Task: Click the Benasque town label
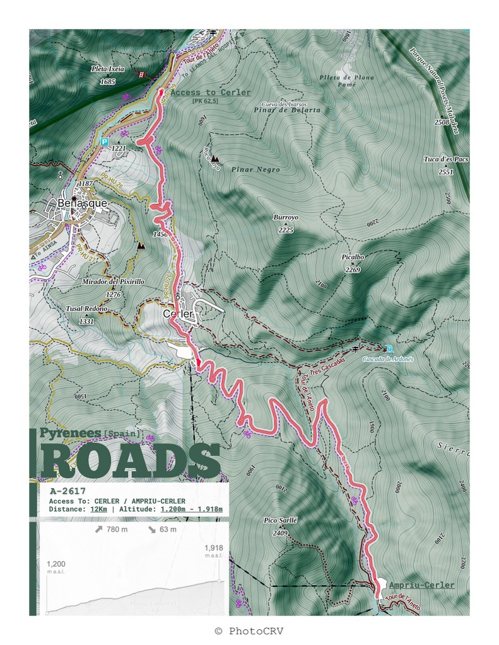point(82,203)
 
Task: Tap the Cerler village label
point(177,313)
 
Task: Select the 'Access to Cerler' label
point(210,93)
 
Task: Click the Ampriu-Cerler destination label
point(421,585)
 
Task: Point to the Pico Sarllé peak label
point(280,521)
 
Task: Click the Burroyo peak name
point(286,217)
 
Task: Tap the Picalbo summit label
point(353,258)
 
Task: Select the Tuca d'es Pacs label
point(446,159)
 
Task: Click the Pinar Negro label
point(255,169)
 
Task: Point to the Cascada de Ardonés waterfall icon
point(389,348)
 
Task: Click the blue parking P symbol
point(104,142)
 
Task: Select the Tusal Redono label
point(86,309)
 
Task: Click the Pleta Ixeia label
point(108,69)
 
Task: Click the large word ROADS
point(131,462)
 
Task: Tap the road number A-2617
point(68,491)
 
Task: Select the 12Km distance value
point(98,509)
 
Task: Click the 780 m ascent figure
point(111,529)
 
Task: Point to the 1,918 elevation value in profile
point(214,548)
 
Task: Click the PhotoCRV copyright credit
point(249,631)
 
